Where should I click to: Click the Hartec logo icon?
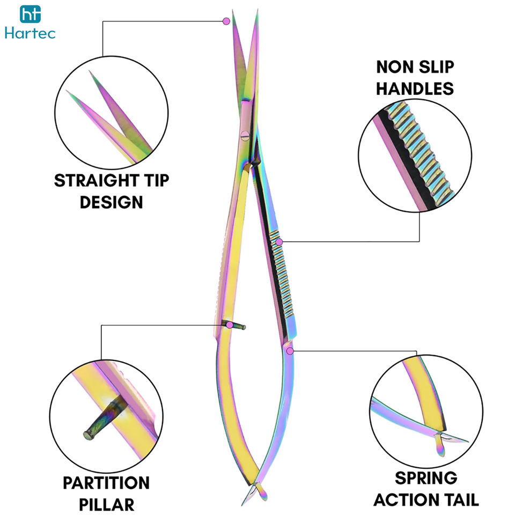[x=30, y=14]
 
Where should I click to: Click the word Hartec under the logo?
[x=30, y=33]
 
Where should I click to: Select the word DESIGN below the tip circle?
[x=112, y=202]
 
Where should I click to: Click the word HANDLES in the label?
[x=415, y=89]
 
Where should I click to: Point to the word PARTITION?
[x=106, y=483]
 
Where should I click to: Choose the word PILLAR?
[x=106, y=504]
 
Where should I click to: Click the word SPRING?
[x=425, y=478]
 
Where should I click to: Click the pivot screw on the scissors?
[x=245, y=135]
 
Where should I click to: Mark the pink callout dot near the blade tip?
[x=226, y=21]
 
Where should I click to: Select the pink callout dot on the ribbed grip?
[x=279, y=242]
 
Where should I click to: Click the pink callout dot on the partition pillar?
[x=230, y=325]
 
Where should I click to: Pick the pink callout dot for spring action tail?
[x=290, y=351]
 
